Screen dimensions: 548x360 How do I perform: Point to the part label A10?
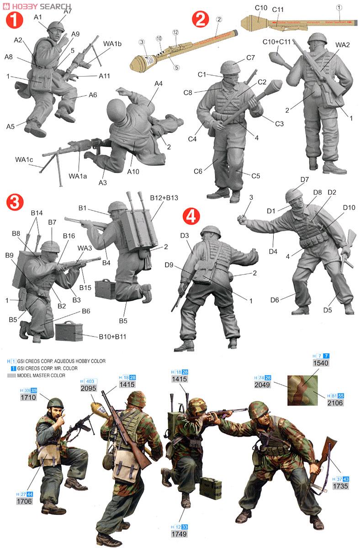pos(132,171)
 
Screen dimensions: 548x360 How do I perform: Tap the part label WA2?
pos(342,45)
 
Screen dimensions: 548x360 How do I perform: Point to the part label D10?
pos(349,207)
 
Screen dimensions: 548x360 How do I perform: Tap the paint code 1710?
pos(28,398)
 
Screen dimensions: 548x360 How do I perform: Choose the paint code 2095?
pos(90,388)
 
